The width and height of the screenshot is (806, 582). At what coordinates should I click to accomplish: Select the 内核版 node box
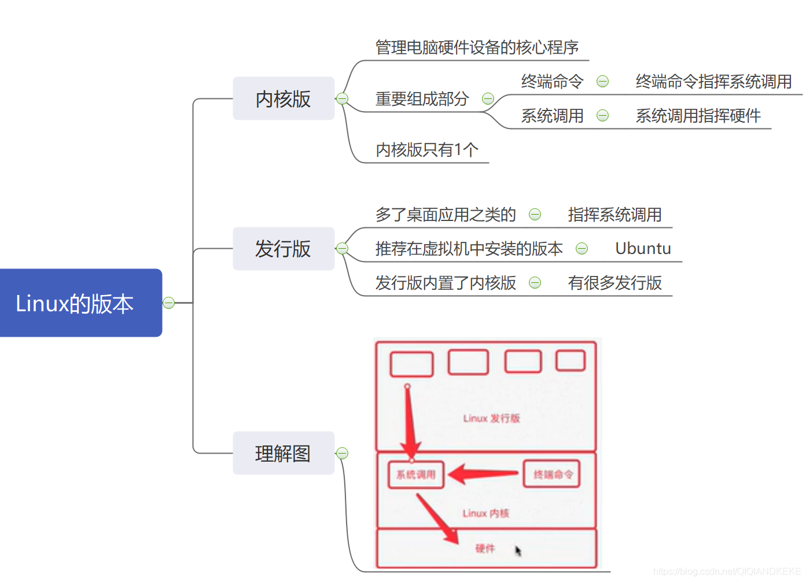coord(284,98)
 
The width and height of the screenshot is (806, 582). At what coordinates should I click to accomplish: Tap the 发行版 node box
coord(284,249)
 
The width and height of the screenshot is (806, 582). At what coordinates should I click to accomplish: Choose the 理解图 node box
coord(284,453)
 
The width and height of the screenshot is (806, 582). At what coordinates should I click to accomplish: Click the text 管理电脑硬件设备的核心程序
coord(477,47)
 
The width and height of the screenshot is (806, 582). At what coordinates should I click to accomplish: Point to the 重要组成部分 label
coord(422,99)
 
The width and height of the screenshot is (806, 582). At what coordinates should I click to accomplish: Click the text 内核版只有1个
coord(427,150)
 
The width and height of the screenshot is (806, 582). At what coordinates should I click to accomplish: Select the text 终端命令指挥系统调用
coord(713,82)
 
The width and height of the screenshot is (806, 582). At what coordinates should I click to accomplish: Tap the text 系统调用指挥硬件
coord(698,116)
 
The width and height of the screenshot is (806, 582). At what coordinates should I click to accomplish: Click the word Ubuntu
coord(643,249)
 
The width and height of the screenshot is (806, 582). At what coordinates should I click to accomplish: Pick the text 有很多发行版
coord(614,283)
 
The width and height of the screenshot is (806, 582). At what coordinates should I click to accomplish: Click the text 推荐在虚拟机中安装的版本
coord(469,249)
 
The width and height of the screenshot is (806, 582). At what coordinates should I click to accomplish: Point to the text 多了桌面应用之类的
coord(446,215)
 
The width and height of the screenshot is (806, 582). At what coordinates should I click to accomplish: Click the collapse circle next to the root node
coord(169,303)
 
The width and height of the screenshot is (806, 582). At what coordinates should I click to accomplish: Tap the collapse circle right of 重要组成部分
coord(488,99)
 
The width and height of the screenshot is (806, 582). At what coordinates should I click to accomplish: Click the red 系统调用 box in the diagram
coord(416,474)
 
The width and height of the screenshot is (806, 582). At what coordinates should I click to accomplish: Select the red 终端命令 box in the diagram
coord(552,474)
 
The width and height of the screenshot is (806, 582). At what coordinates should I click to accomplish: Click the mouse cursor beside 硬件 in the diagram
coord(518,550)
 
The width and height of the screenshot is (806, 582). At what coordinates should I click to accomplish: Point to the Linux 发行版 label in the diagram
coord(491,418)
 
